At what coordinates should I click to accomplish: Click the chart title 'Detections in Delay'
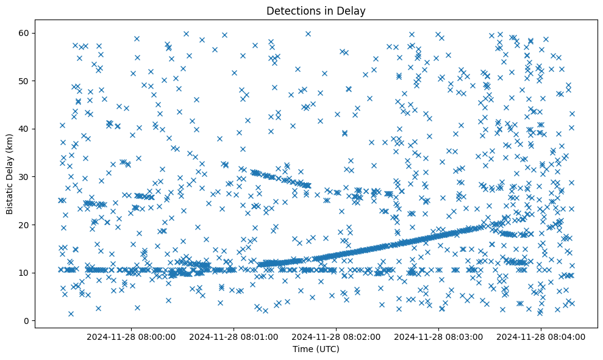point(316,10)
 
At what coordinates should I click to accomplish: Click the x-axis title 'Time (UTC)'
point(316,350)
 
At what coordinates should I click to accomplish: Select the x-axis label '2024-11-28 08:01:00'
point(234,336)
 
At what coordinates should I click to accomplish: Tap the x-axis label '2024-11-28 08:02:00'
point(336,336)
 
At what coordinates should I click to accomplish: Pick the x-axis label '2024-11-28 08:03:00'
point(439,336)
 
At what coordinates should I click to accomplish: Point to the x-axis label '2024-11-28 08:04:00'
point(541,336)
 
